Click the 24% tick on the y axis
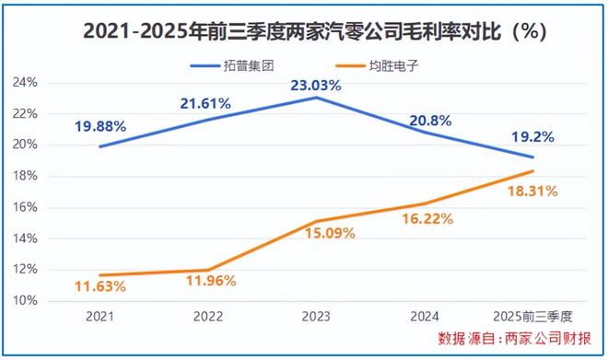click(25, 82)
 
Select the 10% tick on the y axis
click(25, 300)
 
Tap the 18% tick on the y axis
click(25, 176)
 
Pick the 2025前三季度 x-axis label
click(532, 316)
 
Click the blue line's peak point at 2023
click(315, 98)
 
